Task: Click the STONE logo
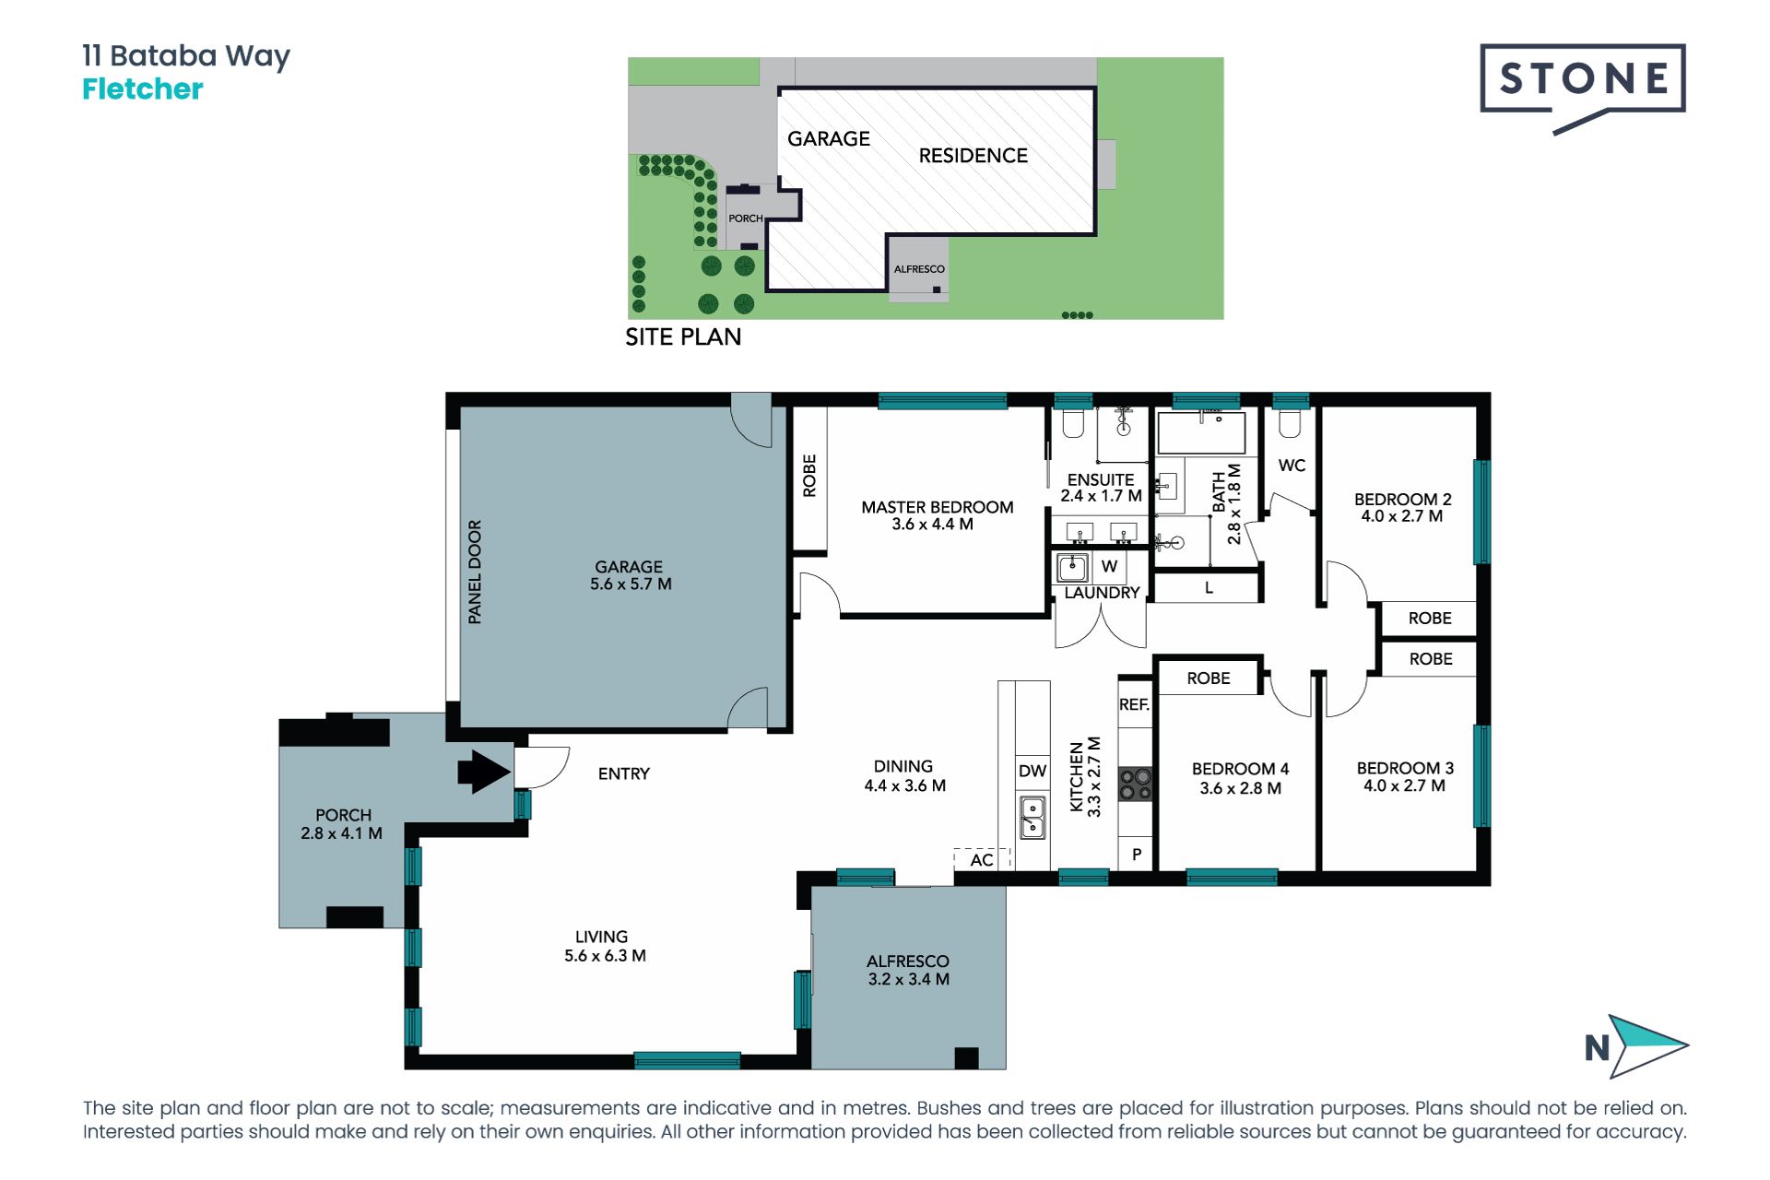[1583, 88]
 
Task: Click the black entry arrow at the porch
[484, 772]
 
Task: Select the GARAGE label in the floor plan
[630, 567]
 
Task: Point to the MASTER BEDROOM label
[938, 507]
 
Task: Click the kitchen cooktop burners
[1135, 785]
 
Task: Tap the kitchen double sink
[1032, 817]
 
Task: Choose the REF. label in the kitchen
[1134, 704]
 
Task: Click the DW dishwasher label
[1032, 771]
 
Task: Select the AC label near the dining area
[982, 860]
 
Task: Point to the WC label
[1292, 466]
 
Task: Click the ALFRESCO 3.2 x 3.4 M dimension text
[908, 979]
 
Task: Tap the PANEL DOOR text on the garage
[475, 572]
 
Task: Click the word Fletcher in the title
[143, 88]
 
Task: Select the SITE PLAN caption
[683, 337]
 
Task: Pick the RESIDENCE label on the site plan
[973, 156]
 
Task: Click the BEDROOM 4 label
[1240, 769]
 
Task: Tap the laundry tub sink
[1073, 566]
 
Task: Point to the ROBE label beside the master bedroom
[809, 476]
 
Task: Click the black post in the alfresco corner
[966, 1058]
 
